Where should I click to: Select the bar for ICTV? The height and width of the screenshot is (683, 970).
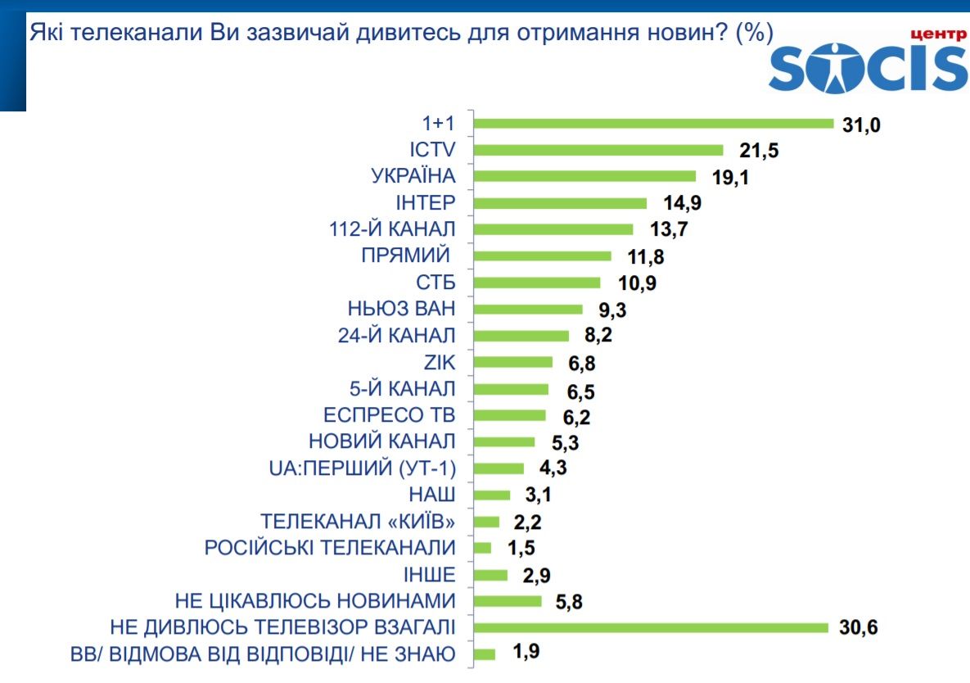[x=599, y=150]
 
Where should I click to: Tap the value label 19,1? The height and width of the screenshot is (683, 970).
[x=724, y=177]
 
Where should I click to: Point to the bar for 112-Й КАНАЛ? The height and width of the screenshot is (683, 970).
[x=554, y=229]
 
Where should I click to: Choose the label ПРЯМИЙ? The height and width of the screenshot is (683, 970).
[x=407, y=256]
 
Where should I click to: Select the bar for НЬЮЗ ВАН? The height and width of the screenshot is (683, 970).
[x=529, y=310]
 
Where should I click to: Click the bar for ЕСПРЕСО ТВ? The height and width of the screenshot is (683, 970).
[x=510, y=415]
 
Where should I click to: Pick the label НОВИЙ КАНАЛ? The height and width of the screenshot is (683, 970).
[x=381, y=441]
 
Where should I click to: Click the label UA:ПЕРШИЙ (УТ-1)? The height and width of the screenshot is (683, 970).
[x=362, y=468]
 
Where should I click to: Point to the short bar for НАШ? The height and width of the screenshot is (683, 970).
[x=493, y=495]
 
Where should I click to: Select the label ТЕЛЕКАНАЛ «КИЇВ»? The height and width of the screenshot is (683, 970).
[x=357, y=522]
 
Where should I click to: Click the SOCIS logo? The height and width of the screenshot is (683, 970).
[x=868, y=62]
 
